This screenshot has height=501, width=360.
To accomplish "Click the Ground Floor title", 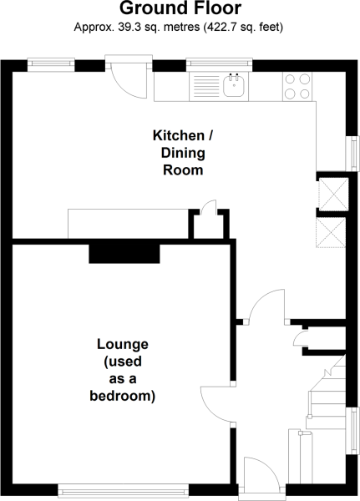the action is pyautogui.click(x=180, y=8).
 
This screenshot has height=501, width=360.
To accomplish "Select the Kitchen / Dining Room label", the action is pyautogui.click(x=183, y=153).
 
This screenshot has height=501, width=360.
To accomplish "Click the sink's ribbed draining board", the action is pyautogui.click(x=206, y=86).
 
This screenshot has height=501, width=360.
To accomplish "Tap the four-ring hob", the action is pyautogui.click(x=297, y=86).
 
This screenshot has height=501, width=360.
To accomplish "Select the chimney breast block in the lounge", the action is pyautogui.click(x=124, y=254).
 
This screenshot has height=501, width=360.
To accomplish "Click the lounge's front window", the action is pyautogui.click(x=124, y=488).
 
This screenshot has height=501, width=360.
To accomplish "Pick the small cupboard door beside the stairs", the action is pyautogui.click(x=299, y=339).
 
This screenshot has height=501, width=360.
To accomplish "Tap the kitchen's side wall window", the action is pyautogui.click(x=353, y=154).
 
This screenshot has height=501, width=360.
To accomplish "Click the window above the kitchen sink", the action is pyautogui.click(x=219, y=65).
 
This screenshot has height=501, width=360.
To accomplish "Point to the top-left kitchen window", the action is pyautogui.click(x=51, y=65).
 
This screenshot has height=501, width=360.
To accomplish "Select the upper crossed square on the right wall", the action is pyautogui.click(x=334, y=195).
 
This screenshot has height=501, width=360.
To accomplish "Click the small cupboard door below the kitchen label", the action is pyautogui.click(x=208, y=207).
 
